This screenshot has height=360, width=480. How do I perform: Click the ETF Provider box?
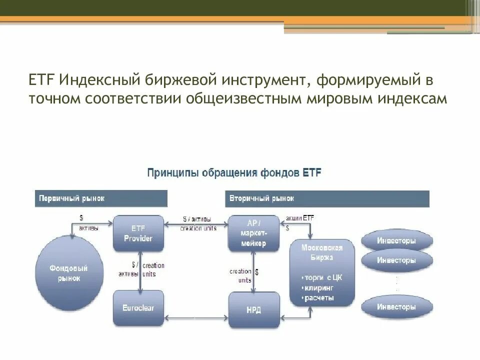pyautogui.click(x=138, y=232)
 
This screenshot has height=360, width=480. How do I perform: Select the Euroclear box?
pyautogui.click(x=138, y=308)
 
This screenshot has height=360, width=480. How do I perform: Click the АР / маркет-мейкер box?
pyautogui.click(x=253, y=232)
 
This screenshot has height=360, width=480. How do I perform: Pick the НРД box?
pyautogui.click(x=253, y=310)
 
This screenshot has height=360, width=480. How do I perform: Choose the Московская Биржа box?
pyautogui.click(x=322, y=273)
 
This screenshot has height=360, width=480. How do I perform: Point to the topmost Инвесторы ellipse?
pyautogui.click(x=396, y=240)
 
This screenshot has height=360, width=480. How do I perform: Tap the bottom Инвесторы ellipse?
pyautogui.click(x=396, y=306)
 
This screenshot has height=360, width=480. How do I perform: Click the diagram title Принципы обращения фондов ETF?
pyautogui.click(x=234, y=173)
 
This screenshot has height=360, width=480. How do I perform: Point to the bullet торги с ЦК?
pyautogui.click(x=322, y=277)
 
